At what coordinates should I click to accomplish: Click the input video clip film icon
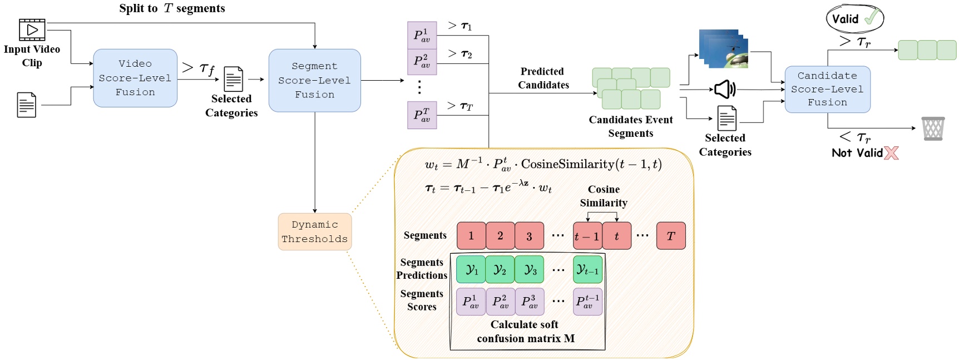point(32,29)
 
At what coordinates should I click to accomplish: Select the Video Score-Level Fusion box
point(135,78)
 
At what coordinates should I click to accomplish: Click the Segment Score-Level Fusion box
point(314,80)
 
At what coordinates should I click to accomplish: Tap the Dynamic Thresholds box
point(315,231)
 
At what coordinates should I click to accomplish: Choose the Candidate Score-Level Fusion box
point(827,89)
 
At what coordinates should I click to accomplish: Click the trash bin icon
point(933,129)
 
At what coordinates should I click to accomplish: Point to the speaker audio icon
point(725,89)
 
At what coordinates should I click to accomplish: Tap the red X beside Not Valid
point(891,153)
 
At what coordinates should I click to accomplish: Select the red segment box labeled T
point(671,236)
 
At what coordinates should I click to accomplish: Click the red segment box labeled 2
point(500,236)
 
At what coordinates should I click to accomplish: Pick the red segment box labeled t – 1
point(587,236)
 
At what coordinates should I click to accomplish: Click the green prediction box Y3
point(529,269)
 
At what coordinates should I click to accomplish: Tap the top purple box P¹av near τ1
point(422,35)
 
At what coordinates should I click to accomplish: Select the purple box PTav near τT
point(422,115)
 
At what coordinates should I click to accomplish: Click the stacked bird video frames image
point(723,49)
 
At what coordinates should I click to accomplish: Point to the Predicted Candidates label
point(543,78)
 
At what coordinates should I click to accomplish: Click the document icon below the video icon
point(27,105)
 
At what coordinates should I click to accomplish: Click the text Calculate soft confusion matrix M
point(525,331)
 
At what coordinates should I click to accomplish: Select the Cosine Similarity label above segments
point(604,196)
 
